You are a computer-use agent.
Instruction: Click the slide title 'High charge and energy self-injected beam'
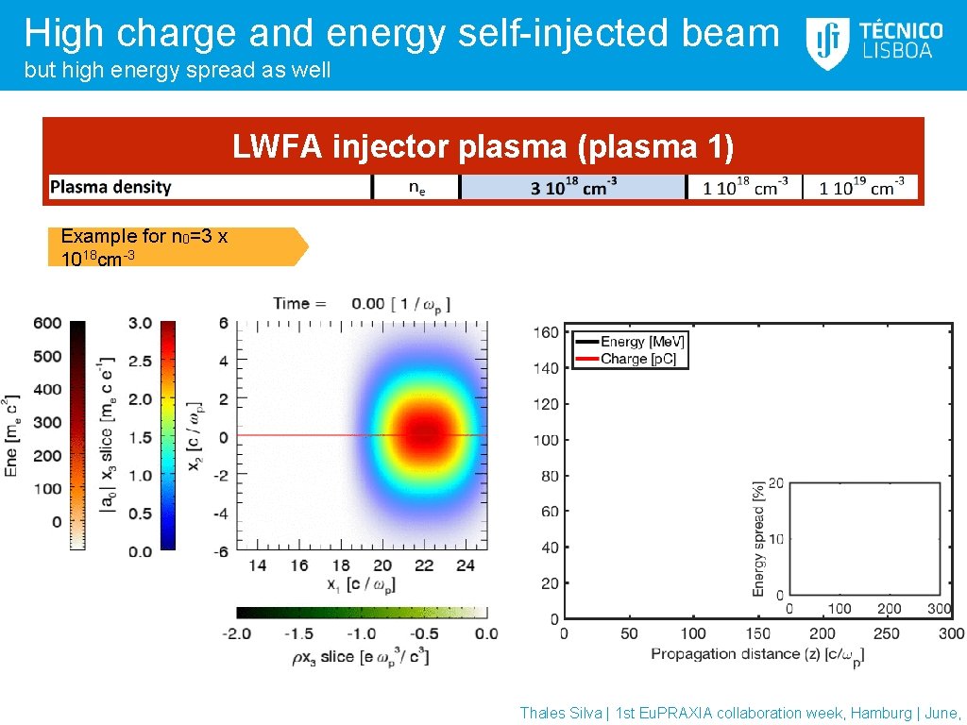pyautogui.click(x=401, y=33)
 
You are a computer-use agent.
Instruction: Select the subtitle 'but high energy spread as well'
pyautogui.click(x=178, y=71)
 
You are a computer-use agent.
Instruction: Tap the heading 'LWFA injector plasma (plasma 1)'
pyautogui.click(x=483, y=147)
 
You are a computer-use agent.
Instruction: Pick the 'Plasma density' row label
pyautogui.click(x=110, y=187)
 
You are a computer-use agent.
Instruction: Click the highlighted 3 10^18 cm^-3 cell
pyautogui.click(x=572, y=187)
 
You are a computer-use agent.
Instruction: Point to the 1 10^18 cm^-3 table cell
pyautogui.click(x=744, y=187)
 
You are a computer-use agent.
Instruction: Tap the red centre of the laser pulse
pyautogui.click(x=423, y=434)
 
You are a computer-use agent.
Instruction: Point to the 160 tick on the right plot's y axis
pyautogui.click(x=545, y=332)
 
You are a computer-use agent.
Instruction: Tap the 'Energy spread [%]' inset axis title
pyautogui.click(x=758, y=539)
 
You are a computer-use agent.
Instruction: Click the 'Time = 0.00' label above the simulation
pyautogui.click(x=361, y=303)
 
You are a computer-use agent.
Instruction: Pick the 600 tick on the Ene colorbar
pyautogui.click(x=47, y=323)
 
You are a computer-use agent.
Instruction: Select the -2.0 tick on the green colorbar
pyautogui.click(x=237, y=633)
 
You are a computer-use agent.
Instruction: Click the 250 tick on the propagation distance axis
pyautogui.click(x=887, y=633)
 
